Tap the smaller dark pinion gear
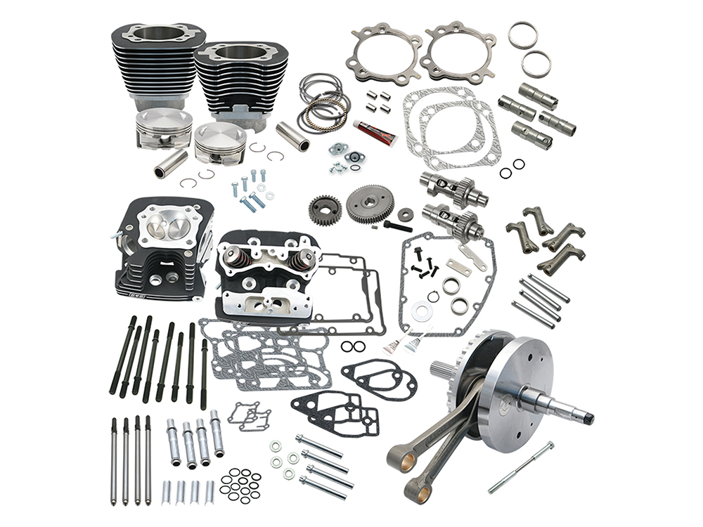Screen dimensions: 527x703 coord(324,209)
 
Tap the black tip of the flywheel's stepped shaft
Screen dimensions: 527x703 coord(586,419)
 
